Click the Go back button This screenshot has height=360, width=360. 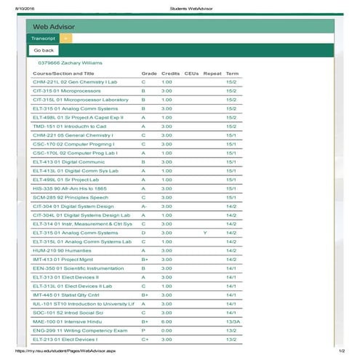(43, 50)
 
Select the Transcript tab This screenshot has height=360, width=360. (43, 37)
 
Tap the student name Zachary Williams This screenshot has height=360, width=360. (76, 63)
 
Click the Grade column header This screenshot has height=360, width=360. (149, 73)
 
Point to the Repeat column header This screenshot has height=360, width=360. (212, 73)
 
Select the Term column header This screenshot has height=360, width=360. (233, 73)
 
